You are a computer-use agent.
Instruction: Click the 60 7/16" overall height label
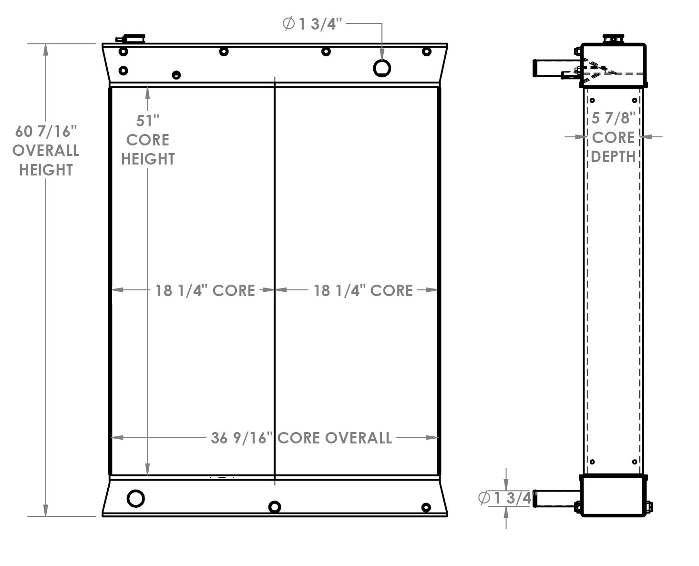click(x=46, y=150)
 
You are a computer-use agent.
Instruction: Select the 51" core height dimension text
click(x=148, y=140)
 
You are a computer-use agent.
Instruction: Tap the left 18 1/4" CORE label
click(x=205, y=290)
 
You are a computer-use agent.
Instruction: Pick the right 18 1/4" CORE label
click(x=363, y=290)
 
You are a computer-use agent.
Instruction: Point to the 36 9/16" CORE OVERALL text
click(x=301, y=438)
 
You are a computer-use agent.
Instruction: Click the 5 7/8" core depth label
click(x=613, y=137)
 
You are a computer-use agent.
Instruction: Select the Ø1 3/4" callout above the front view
click(x=313, y=24)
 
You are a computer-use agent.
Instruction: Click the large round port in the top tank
click(x=382, y=68)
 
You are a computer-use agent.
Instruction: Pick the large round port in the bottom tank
click(x=136, y=498)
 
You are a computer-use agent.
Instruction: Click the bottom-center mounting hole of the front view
click(x=275, y=507)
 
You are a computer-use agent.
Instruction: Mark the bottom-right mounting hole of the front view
click(x=426, y=507)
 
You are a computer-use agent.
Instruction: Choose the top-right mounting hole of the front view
click(x=427, y=51)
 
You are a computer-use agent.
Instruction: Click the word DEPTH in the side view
click(x=613, y=156)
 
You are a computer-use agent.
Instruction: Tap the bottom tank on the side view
click(x=613, y=496)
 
